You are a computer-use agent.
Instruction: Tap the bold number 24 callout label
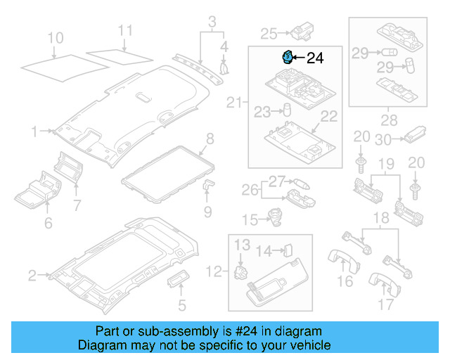315,58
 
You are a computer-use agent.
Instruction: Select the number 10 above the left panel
56,37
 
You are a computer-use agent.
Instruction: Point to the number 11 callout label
124,30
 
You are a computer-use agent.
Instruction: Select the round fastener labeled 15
277,219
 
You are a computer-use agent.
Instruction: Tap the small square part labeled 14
287,249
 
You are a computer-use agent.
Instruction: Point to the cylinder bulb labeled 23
287,110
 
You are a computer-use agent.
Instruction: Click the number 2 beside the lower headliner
32,276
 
